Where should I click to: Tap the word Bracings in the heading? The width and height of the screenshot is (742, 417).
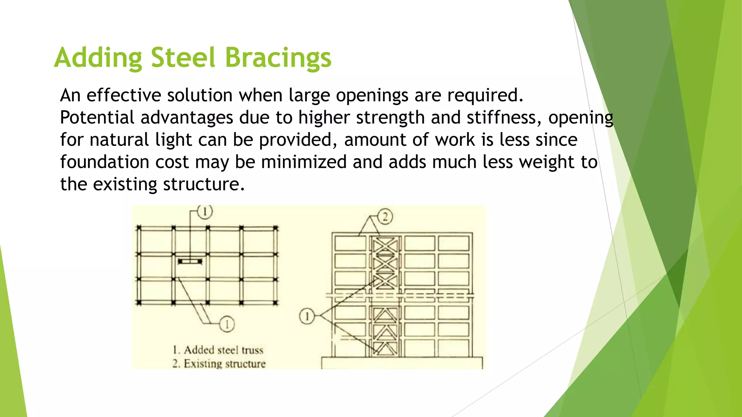point(278,58)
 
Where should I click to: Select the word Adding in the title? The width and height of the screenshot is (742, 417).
point(98,58)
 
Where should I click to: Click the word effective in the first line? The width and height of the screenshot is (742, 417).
point(124,96)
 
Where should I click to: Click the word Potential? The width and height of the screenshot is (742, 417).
point(97,118)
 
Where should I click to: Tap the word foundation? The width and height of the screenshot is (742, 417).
point(105,162)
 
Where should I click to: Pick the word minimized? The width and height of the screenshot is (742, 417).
point(304,162)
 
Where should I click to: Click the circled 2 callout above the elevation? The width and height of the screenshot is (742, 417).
point(385,217)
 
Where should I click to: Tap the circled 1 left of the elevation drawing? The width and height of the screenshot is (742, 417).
point(307,316)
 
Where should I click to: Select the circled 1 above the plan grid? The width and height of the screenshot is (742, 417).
point(205,212)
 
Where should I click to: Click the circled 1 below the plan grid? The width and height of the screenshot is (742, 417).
point(227,324)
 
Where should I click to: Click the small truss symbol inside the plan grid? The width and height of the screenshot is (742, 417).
point(190,261)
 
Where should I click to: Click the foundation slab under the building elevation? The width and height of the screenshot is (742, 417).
point(402,363)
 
